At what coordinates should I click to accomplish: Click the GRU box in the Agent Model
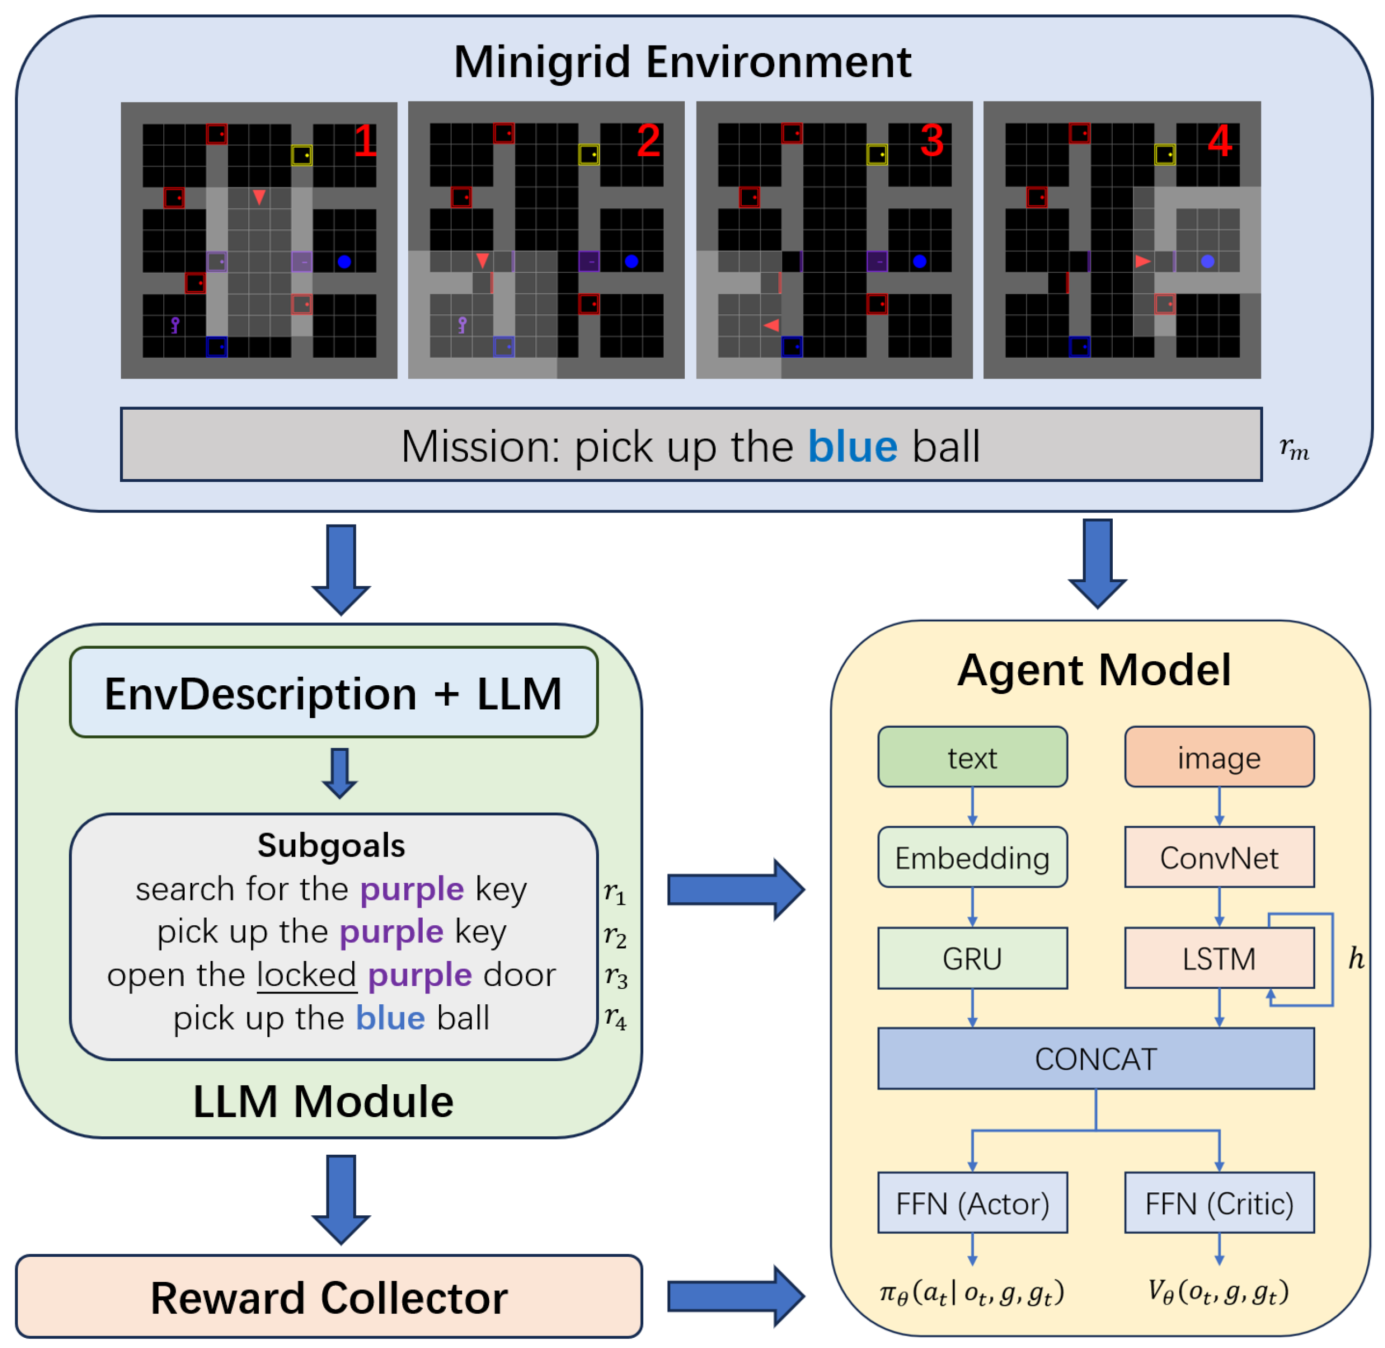coord(971,958)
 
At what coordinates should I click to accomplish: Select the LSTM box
coord(1218,958)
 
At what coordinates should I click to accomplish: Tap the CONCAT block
coord(1096,1059)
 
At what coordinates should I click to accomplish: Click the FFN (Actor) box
coord(971,1203)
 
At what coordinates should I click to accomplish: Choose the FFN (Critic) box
coord(1218,1203)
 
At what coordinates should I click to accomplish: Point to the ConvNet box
coord(1218,857)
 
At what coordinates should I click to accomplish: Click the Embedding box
coord(971,857)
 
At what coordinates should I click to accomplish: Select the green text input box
coord(971,757)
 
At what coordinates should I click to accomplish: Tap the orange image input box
coord(1218,757)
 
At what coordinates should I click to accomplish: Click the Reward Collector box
coord(329,1297)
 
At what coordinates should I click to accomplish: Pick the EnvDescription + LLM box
coord(333,692)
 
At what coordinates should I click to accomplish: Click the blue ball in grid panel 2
coord(631,261)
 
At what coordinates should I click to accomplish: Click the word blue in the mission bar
coord(852,446)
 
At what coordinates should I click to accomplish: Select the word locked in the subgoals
coord(307,975)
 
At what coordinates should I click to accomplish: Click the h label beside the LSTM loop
coord(1354,958)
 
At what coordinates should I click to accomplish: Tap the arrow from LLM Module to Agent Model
coord(735,889)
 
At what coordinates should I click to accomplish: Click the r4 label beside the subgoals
coord(614,1018)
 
